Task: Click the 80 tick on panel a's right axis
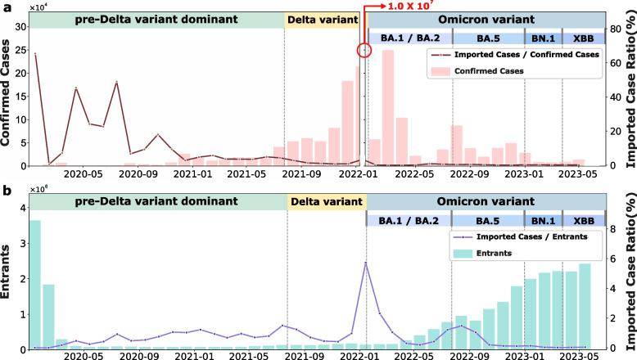[600, 30]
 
